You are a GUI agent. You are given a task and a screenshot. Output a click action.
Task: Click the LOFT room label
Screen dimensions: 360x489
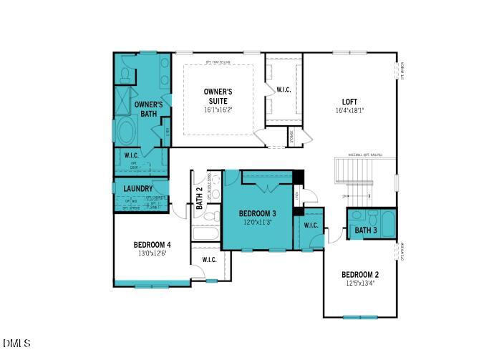[349, 102]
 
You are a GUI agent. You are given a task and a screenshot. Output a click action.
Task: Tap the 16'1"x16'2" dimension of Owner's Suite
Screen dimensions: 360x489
[218, 110]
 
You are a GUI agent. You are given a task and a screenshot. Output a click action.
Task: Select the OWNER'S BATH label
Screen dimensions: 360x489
[148, 109]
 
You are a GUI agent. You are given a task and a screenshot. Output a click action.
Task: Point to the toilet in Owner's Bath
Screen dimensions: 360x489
[124, 74]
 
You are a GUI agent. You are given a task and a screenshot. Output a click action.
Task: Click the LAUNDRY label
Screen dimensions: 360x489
[137, 189]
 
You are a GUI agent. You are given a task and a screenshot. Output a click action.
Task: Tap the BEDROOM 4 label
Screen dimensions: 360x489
[152, 245]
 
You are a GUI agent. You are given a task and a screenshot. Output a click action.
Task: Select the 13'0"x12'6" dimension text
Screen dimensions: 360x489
[152, 253]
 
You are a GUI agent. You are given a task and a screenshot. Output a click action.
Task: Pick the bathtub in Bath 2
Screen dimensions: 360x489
[206, 233]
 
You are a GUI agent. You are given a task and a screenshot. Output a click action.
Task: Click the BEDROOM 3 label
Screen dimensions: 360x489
[258, 213]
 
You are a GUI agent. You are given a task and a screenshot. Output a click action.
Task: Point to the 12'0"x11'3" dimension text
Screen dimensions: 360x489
[258, 222]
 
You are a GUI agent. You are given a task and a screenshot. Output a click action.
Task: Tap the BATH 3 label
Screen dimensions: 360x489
[365, 230]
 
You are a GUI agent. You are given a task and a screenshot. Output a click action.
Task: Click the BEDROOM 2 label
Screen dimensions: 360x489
[359, 275]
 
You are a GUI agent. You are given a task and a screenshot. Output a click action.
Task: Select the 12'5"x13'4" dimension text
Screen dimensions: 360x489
[359, 283]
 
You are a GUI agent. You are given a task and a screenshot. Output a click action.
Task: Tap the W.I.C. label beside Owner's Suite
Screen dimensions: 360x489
[284, 90]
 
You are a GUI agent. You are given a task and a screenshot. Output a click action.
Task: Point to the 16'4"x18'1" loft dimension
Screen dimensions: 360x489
[349, 111]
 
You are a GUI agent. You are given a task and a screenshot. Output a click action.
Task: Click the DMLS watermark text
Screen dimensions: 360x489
[16, 344]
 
